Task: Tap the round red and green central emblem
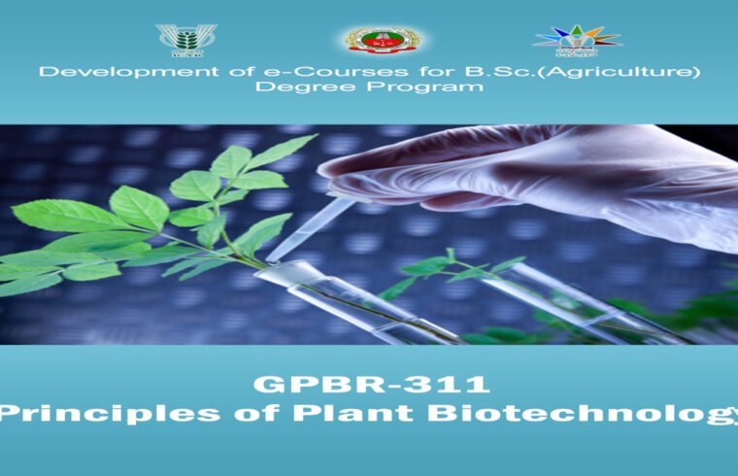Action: tap(383, 40)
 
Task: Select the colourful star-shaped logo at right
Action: tap(576, 40)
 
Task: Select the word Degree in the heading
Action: tap(297, 87)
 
